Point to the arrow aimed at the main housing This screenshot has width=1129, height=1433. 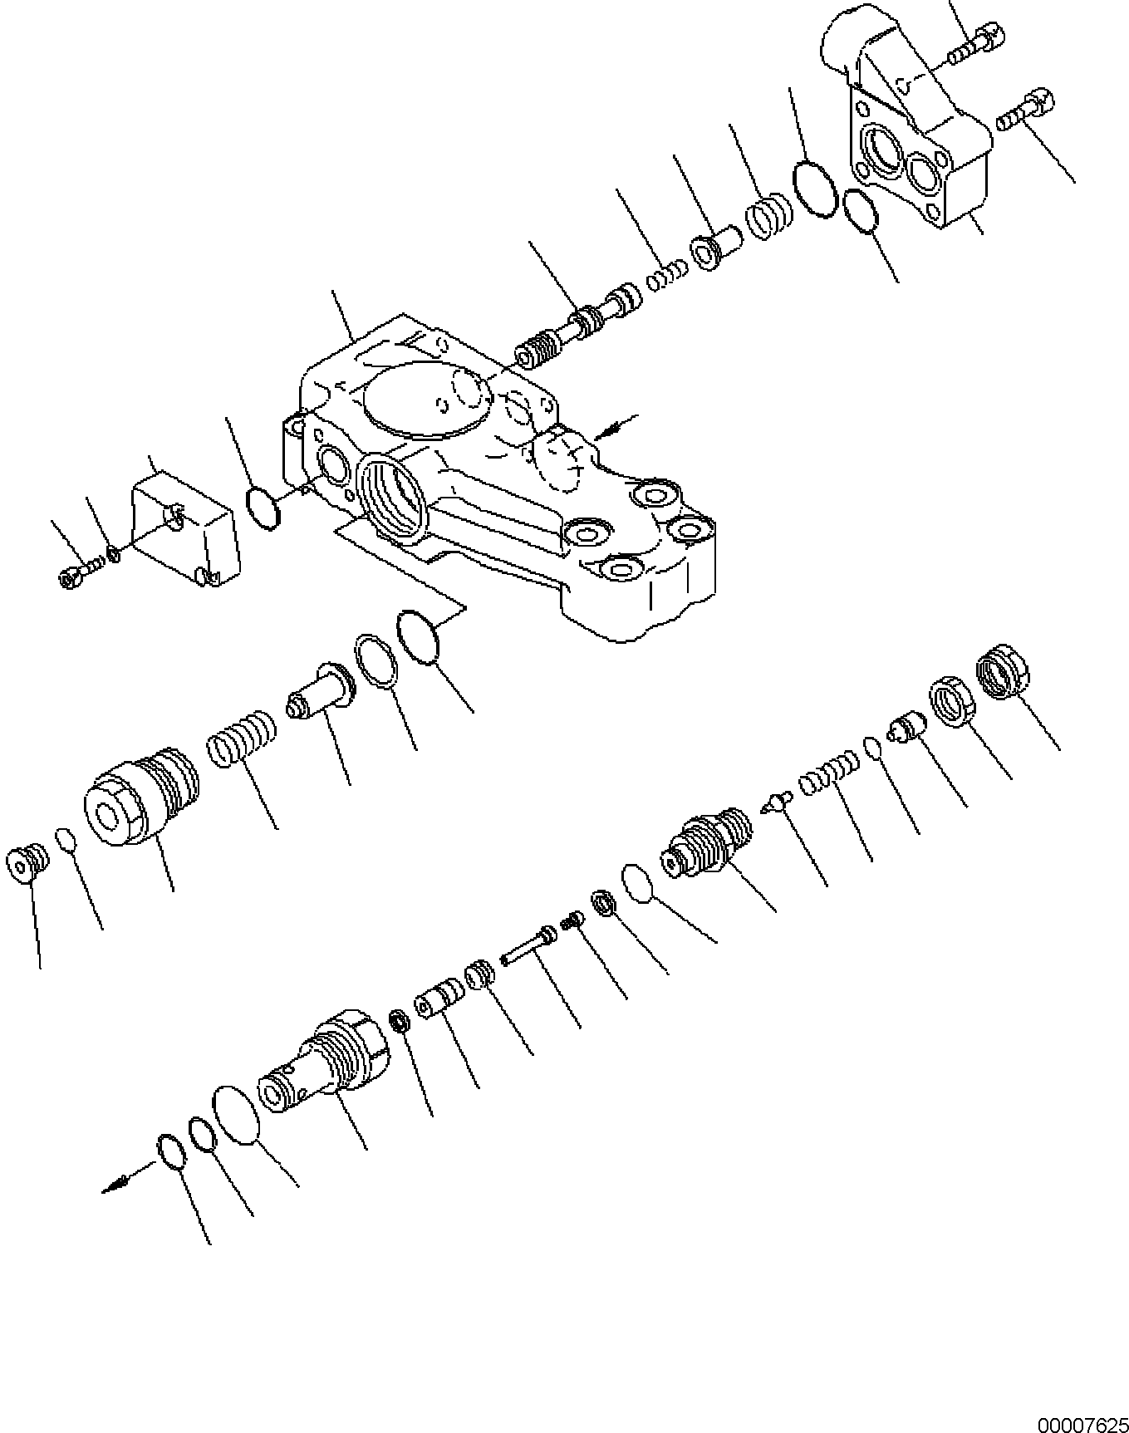(x=614, y=425)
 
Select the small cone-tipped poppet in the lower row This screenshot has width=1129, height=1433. (x=776, y=801)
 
